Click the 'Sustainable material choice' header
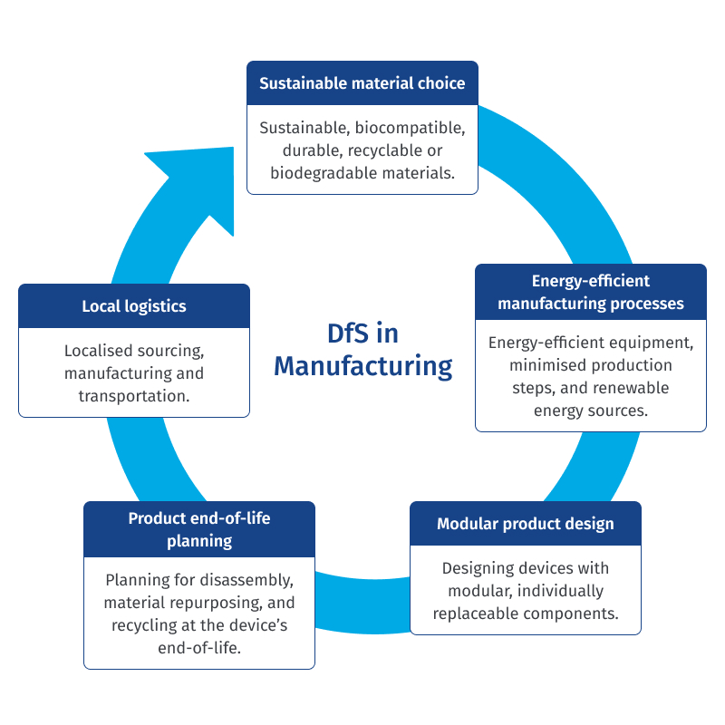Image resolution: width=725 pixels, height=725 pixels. pyautogui.click(x=362, y=83)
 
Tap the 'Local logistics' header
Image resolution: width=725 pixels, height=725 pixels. pyautogui.click(x=134, y=306)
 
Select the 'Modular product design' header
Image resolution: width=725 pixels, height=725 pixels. pyautogui.click(x=526, y=524)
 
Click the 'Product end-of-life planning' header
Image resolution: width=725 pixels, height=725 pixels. pyautogui.click(x=199, y=529)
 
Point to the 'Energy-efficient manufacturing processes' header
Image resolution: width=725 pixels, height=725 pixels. pyautogui.click(x=591, y=292)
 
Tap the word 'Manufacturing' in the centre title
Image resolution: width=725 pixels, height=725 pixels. pyautogui.click(x=362, y=366)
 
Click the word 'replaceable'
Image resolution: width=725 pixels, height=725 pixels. pyautogui.click(x=476, y=613)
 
